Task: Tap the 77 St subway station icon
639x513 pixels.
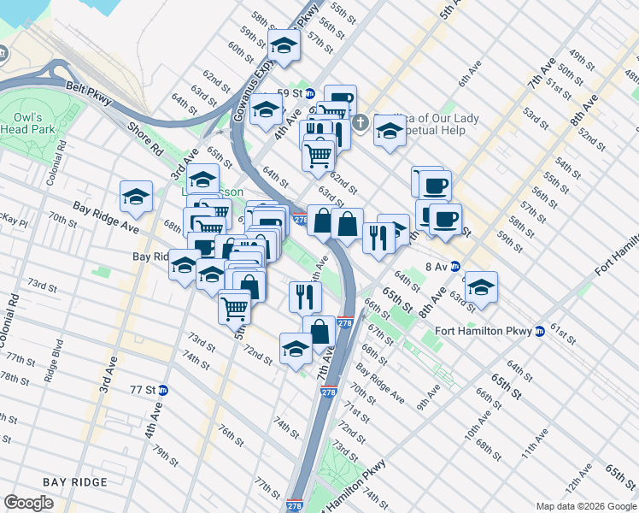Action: point(163,390)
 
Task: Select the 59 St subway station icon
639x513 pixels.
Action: point(310,93)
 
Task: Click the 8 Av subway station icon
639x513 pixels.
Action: point(455,267)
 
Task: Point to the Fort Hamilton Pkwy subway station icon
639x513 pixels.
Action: point(539,332)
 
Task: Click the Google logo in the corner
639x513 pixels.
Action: point(29,503)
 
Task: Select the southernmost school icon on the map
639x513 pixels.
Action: point(296,348)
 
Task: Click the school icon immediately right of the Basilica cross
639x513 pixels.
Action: point(390,132)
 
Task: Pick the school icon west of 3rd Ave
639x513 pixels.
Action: point(136,197)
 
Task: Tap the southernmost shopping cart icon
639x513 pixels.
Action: point(235,305)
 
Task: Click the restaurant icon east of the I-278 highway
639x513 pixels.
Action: point(378,236)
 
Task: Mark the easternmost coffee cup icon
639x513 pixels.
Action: point(445,218)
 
